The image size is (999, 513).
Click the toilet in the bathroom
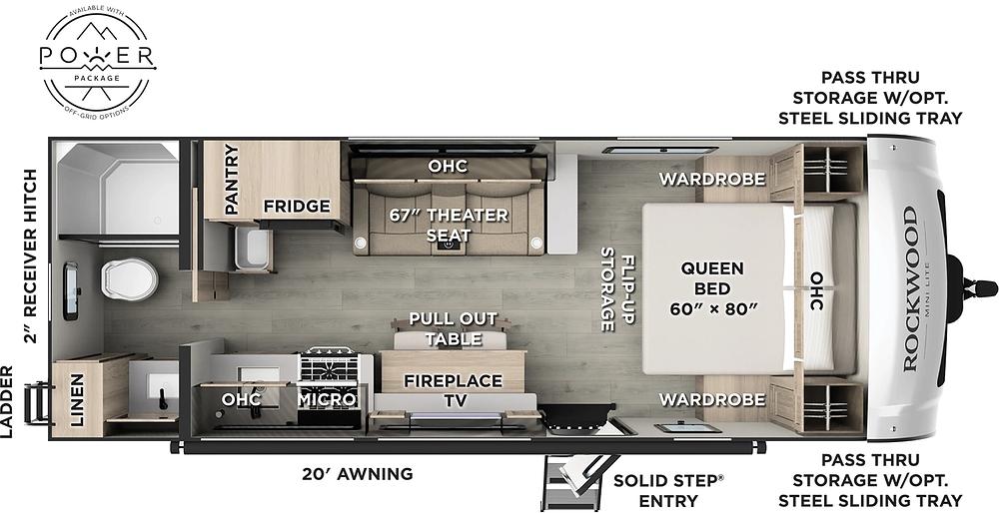[129, 280]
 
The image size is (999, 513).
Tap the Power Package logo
[98, 60]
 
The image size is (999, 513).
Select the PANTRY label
[231, 179]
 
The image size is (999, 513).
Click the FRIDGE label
[297, 207]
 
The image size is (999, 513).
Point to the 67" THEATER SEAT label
[450, 225]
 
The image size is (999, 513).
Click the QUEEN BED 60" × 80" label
[712, 288]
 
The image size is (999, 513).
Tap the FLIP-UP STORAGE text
[617, 289]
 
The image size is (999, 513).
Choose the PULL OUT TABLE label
[453, 328]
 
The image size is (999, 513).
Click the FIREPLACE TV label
[453, 390]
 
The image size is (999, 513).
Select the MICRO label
[327, 399]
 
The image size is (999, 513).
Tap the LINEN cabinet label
[77, 399]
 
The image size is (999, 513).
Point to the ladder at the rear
[37, 402]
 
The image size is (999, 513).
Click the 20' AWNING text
[357, 473]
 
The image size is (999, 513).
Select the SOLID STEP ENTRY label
[669, 489]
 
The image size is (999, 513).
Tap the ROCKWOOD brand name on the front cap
[911, 288]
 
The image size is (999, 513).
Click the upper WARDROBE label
[711, 179]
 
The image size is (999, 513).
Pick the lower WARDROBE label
[711, 399]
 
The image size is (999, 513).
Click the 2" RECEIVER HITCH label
[31, 256]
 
